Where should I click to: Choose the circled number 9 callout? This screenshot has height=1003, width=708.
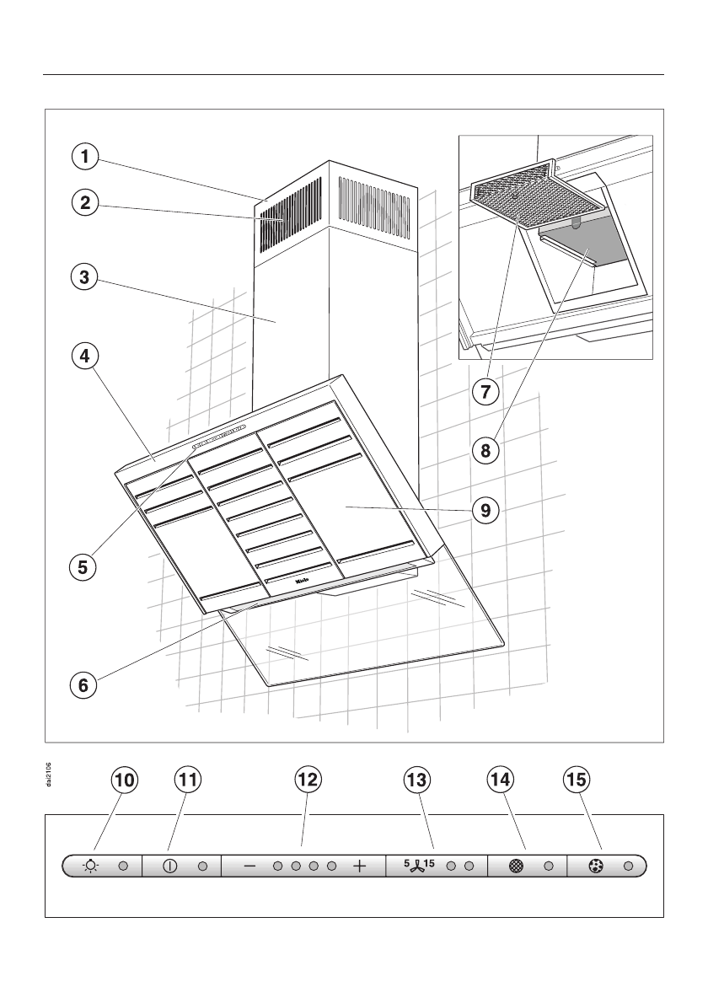pyautogui.click(x=485, y=510)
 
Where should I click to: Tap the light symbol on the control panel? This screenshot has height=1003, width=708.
pyautogui.click(x=90, y=866)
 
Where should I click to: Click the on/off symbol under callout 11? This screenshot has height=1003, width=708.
pyautogui.click(x=169, y=866)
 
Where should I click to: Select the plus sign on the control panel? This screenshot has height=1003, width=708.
pyautogui.click(x=360, y=866)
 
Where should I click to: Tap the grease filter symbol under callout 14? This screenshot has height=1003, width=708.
pyautogui.click(x=516, y=866)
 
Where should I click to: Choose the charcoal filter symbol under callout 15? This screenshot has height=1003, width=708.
pyautogui.click(x=596, y=866)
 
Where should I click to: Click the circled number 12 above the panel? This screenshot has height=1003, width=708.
pyautogui.click(x=308, y=780)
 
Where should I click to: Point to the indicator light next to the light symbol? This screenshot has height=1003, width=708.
pyautogui.click(x=122, y=866)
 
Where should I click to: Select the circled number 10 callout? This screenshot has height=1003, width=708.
pyautogui.click(x=123, y=780)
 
